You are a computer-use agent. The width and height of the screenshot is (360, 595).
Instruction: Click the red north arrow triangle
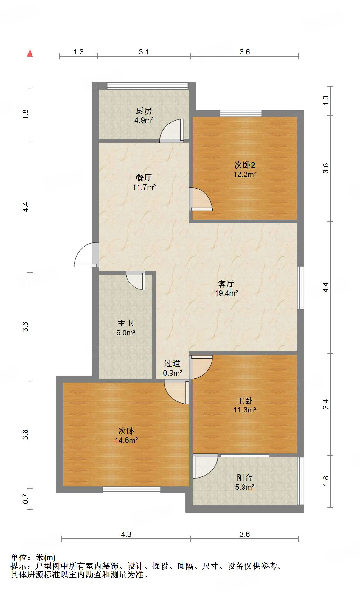[x=30, y=53]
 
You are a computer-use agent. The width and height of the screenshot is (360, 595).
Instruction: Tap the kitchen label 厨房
[x=144, y=111]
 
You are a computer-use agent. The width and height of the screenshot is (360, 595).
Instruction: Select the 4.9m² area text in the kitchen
[x=144, y=120]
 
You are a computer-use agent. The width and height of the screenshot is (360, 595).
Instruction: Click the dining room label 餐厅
[x=144, y=178]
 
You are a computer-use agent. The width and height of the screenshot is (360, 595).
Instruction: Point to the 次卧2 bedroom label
[x=244, y=165]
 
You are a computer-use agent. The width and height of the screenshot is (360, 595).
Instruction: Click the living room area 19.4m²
[x=226, y=293]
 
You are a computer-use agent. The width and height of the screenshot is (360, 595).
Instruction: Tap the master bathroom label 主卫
[x=125, y=323]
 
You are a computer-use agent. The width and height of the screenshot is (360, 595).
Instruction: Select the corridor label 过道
[x=172, y=364]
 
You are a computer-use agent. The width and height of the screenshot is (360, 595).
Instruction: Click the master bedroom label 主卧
[x=245, y=401]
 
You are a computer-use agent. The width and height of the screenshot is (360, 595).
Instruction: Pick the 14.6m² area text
[x=126, y=440]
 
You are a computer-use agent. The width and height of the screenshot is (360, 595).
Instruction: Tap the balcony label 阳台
[x=245, y=478]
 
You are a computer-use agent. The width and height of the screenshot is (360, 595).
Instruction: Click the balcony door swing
[x=205, y=466]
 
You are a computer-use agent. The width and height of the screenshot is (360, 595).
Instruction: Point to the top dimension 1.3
[x=78, y=52]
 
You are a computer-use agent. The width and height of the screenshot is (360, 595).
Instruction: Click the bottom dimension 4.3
[x=126, y=535]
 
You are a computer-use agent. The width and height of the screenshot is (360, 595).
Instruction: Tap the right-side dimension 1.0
[x=325, y=100]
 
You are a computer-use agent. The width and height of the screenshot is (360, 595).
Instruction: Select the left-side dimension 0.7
[x=26, y=499]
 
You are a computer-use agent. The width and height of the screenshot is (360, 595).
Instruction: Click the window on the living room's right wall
[x=301, y=288]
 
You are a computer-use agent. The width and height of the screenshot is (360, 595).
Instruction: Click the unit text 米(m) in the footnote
[x=45, y=557]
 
